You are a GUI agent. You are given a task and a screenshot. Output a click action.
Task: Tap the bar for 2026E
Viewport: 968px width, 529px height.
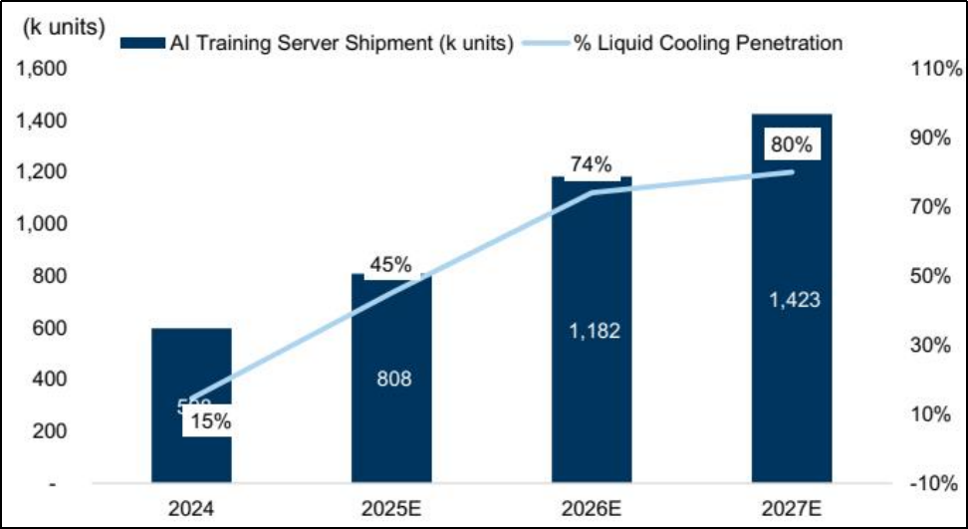pos(592,398)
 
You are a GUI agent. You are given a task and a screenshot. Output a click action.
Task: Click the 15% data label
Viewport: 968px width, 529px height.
pos(210,421)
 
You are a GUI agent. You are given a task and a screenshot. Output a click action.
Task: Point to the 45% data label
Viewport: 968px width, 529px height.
pos(390,265)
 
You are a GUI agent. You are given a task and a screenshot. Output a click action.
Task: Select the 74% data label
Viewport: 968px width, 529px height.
pos(591,164)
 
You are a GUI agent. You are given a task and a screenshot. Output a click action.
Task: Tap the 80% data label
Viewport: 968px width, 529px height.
pos(792,145)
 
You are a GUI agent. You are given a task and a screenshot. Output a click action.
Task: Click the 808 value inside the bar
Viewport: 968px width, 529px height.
pos(391,380)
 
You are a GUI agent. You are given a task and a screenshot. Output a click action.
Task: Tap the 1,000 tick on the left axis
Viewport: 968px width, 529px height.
pos(38,224)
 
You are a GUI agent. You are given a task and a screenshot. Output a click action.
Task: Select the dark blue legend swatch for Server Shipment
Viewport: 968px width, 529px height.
pos(141,44)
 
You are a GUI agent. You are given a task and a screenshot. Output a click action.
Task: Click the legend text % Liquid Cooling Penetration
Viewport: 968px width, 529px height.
pos(707,44)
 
